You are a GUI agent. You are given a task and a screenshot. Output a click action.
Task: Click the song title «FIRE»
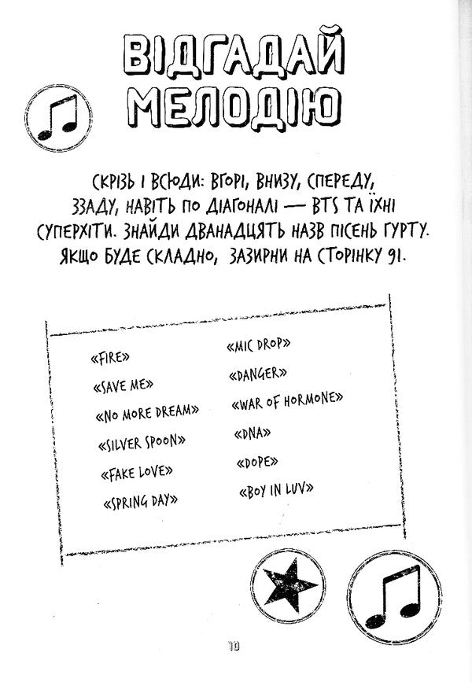(110, 358)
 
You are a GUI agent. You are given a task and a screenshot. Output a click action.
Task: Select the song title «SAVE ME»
(123, 385)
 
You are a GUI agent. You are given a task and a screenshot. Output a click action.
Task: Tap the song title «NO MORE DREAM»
(147, 413)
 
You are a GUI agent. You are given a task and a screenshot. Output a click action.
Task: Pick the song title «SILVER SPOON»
(142, 443)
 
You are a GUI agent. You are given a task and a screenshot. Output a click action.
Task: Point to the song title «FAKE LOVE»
(137, 472)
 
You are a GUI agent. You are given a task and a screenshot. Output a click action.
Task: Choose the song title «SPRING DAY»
(141, 501)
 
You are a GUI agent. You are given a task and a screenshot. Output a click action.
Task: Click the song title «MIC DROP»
(258, 345)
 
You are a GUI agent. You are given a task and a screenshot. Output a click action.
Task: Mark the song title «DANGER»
(258, 374)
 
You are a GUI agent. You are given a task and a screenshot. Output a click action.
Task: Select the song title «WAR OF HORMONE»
(287, 400)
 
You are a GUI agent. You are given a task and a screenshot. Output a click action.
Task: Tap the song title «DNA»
(253, 433)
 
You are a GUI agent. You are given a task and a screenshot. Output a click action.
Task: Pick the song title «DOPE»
(257, 462)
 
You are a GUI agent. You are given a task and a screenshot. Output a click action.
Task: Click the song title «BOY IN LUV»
(276, 490)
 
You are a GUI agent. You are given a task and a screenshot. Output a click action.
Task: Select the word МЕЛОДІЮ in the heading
(236, 109)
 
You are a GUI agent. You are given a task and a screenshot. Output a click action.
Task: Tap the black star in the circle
(288, 585)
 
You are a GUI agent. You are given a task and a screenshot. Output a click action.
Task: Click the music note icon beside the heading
(58, 118)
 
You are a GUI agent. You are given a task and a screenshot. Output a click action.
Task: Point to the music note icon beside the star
(396, 598)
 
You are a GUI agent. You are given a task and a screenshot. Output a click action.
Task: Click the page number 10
(233, 647)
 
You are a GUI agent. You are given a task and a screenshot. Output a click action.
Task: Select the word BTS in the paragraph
(326, 205)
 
